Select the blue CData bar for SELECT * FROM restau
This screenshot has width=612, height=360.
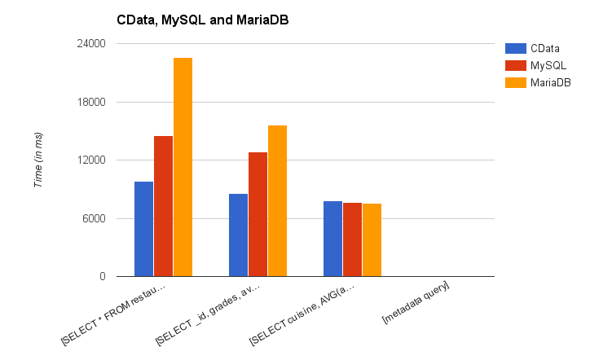coord(143,229)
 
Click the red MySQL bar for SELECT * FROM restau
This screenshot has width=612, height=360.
coord(163,206)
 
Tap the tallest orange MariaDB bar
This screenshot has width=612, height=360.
coord(183,167)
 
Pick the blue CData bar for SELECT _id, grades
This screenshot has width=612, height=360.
coord(238,235)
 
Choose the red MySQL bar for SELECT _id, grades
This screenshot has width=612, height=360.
coord(258,214)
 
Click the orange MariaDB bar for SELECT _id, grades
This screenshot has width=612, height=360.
coord(277,201)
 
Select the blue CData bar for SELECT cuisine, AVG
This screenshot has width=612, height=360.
coord(332,239)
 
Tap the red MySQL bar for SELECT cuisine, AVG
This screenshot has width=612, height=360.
coord(352,239)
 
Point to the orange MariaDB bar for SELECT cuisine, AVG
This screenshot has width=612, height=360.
coord(372,240)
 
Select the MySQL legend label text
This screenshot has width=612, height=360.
coord(549,64)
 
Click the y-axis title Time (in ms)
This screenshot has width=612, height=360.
coord(37,160)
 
